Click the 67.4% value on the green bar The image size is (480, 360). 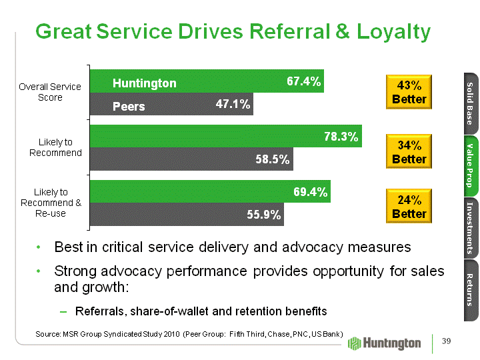click(x=303, y=81)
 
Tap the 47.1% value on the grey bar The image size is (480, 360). click(x=233, y=104)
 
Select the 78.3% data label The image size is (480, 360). click(x=341, y=137)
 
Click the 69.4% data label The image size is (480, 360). click(x=310, y=192)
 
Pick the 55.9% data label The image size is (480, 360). click(x=264, y=215)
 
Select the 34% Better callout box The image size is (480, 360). click(x=409, y=151)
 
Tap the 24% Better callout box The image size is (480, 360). click(x=409, y=207)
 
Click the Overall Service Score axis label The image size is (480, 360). click(x=50, y=92)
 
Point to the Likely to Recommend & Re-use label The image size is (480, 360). click(x=51, y=203)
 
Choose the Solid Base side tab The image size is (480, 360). click(x=469, y=103)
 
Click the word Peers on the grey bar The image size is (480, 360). click(x=129, y=106)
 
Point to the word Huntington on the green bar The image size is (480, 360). click(x=144, y=83)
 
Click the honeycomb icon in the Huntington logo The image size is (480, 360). click(x=355, y=343)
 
